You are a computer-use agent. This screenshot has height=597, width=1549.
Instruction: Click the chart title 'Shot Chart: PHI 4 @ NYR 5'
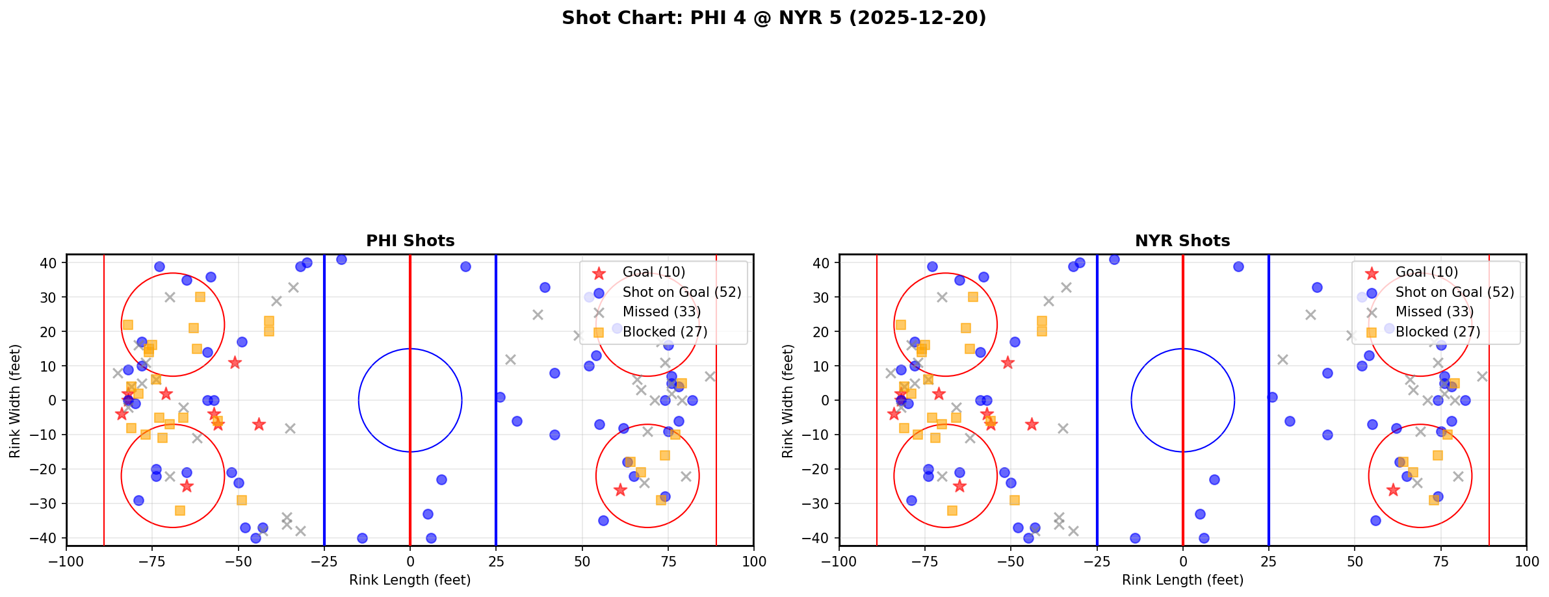[774, 18]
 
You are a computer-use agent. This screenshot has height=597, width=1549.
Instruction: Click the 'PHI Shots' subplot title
[410, 241]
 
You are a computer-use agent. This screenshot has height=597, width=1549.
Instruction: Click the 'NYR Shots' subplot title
[1182, 241]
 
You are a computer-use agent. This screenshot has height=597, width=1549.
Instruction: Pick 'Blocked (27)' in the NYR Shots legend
[1437, 332]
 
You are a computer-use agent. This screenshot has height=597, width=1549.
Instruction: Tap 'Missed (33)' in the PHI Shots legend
[661, 312]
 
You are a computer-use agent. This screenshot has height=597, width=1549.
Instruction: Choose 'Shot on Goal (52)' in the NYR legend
[1454, 292]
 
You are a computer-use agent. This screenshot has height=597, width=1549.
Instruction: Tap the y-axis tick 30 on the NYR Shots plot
[821, 298]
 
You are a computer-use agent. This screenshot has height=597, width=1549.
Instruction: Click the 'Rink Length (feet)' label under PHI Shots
[410, 580]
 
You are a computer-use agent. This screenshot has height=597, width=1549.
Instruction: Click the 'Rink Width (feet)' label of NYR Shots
[788, 401]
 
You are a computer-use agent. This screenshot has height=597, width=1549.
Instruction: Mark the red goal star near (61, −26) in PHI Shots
[620, 490]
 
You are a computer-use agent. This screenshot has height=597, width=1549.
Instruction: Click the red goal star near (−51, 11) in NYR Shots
[1008, 362]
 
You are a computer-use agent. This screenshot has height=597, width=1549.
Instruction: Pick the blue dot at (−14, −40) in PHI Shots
[362, 538]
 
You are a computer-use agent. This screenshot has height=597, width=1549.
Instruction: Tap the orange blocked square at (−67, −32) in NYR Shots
[952, 511]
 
